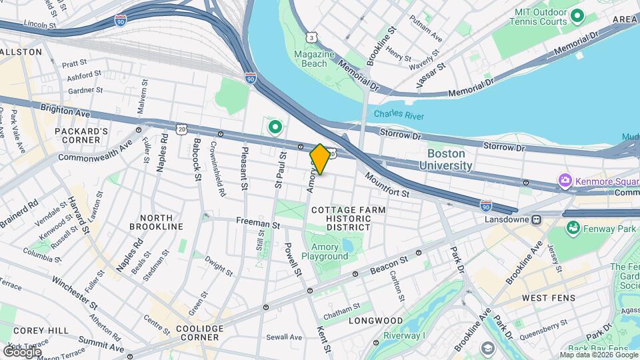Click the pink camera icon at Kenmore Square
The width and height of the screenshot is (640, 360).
565,181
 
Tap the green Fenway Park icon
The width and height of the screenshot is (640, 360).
572,229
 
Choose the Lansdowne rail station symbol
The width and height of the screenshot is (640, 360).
535,219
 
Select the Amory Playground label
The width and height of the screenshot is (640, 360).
325,251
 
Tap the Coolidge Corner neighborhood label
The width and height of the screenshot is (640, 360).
199,333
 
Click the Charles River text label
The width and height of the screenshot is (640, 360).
399,114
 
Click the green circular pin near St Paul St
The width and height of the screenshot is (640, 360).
274,126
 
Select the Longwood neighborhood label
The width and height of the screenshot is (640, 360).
376,321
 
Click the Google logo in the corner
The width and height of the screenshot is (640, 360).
21,351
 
